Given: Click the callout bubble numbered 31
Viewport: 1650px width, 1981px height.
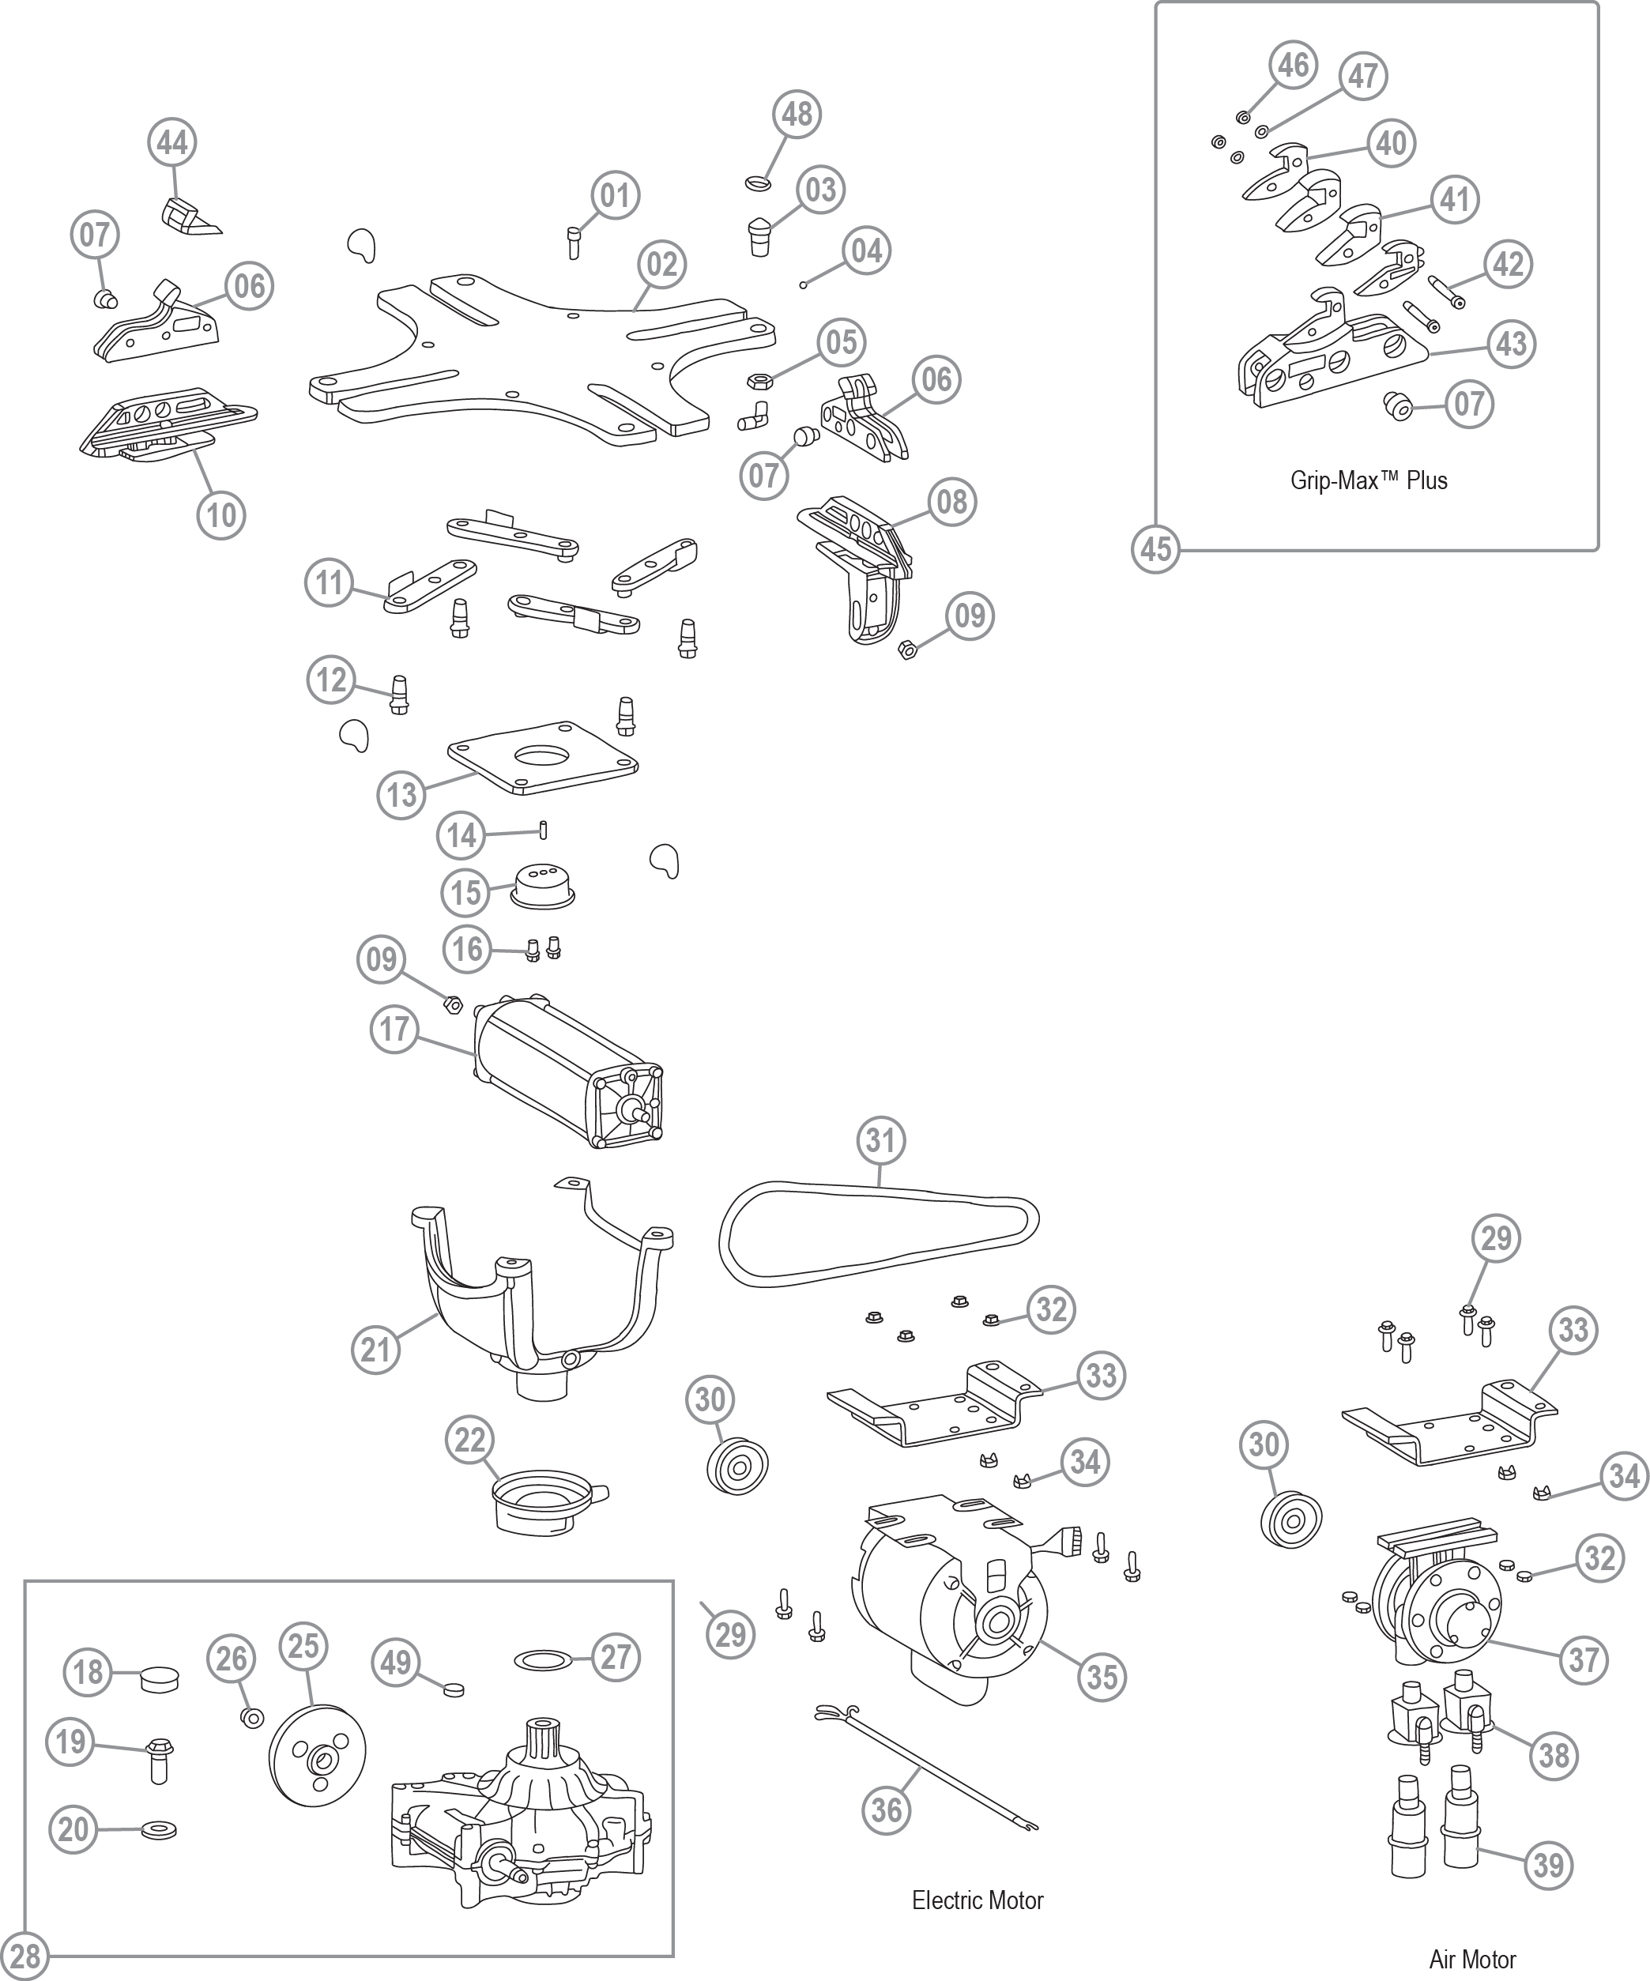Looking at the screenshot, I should point(880,1140).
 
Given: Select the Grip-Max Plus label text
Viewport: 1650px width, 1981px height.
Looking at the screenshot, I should point(1368,480).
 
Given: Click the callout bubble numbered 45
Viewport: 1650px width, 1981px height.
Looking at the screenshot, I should point(1155,549).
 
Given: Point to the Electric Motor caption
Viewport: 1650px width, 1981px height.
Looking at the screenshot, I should point(978,1900).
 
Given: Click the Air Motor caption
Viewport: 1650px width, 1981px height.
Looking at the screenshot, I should point(1471,1960).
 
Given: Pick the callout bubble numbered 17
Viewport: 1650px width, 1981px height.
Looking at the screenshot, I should point(394,1028).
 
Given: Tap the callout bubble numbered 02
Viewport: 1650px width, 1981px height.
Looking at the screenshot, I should point(662,264).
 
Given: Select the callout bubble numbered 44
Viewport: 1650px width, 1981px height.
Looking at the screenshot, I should point(171,142).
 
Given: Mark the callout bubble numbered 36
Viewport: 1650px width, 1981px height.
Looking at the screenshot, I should point(886,1810).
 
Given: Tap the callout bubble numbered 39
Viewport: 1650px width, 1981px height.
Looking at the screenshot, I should point(1549,1864).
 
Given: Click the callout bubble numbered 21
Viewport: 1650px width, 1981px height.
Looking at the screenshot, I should point(375,1350).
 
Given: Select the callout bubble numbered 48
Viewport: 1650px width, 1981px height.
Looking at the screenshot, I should point(797,113).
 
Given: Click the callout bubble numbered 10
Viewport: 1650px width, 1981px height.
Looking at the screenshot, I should point(222,515).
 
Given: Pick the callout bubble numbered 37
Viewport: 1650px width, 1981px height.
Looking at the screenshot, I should point(1583,1659).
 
